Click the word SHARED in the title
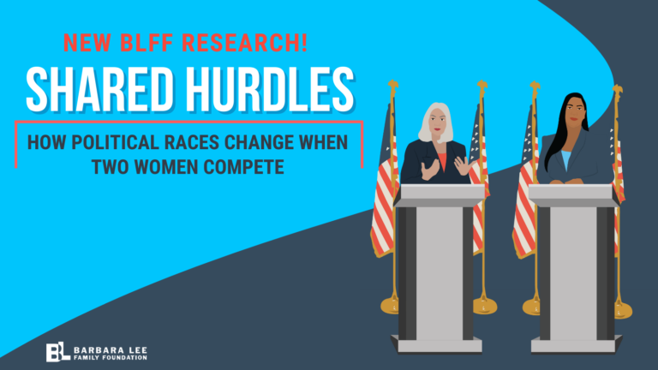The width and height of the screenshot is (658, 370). click(x=100, y=89)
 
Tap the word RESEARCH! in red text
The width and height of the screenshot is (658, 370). click(x=245, y=42)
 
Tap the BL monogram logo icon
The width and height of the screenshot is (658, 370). click(x=57, y=351)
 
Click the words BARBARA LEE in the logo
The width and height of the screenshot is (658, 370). click(x=111, y=349)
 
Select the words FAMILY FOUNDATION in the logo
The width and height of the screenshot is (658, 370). click(x=111, y=358)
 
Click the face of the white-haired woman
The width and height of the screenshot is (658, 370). click(x=437, y=123)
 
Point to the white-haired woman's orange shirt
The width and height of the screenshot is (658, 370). click(x=442, y=162)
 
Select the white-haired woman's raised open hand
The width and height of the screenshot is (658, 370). click(x=464, y=165)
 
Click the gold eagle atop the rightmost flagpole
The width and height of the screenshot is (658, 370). click(x=617, y=89)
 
